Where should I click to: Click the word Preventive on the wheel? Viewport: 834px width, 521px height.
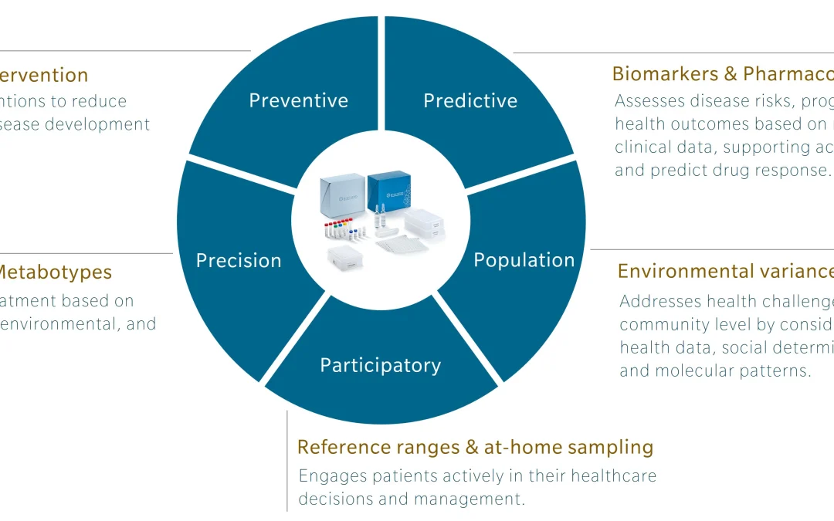(298, 100)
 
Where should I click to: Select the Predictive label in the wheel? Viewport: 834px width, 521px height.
(470, 100)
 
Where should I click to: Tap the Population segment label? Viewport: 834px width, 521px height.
(524, 260)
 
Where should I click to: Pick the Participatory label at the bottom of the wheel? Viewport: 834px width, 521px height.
(380, 365)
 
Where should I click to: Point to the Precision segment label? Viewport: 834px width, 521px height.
(239, 260)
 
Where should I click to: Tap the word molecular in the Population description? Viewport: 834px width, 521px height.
(698, 370)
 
